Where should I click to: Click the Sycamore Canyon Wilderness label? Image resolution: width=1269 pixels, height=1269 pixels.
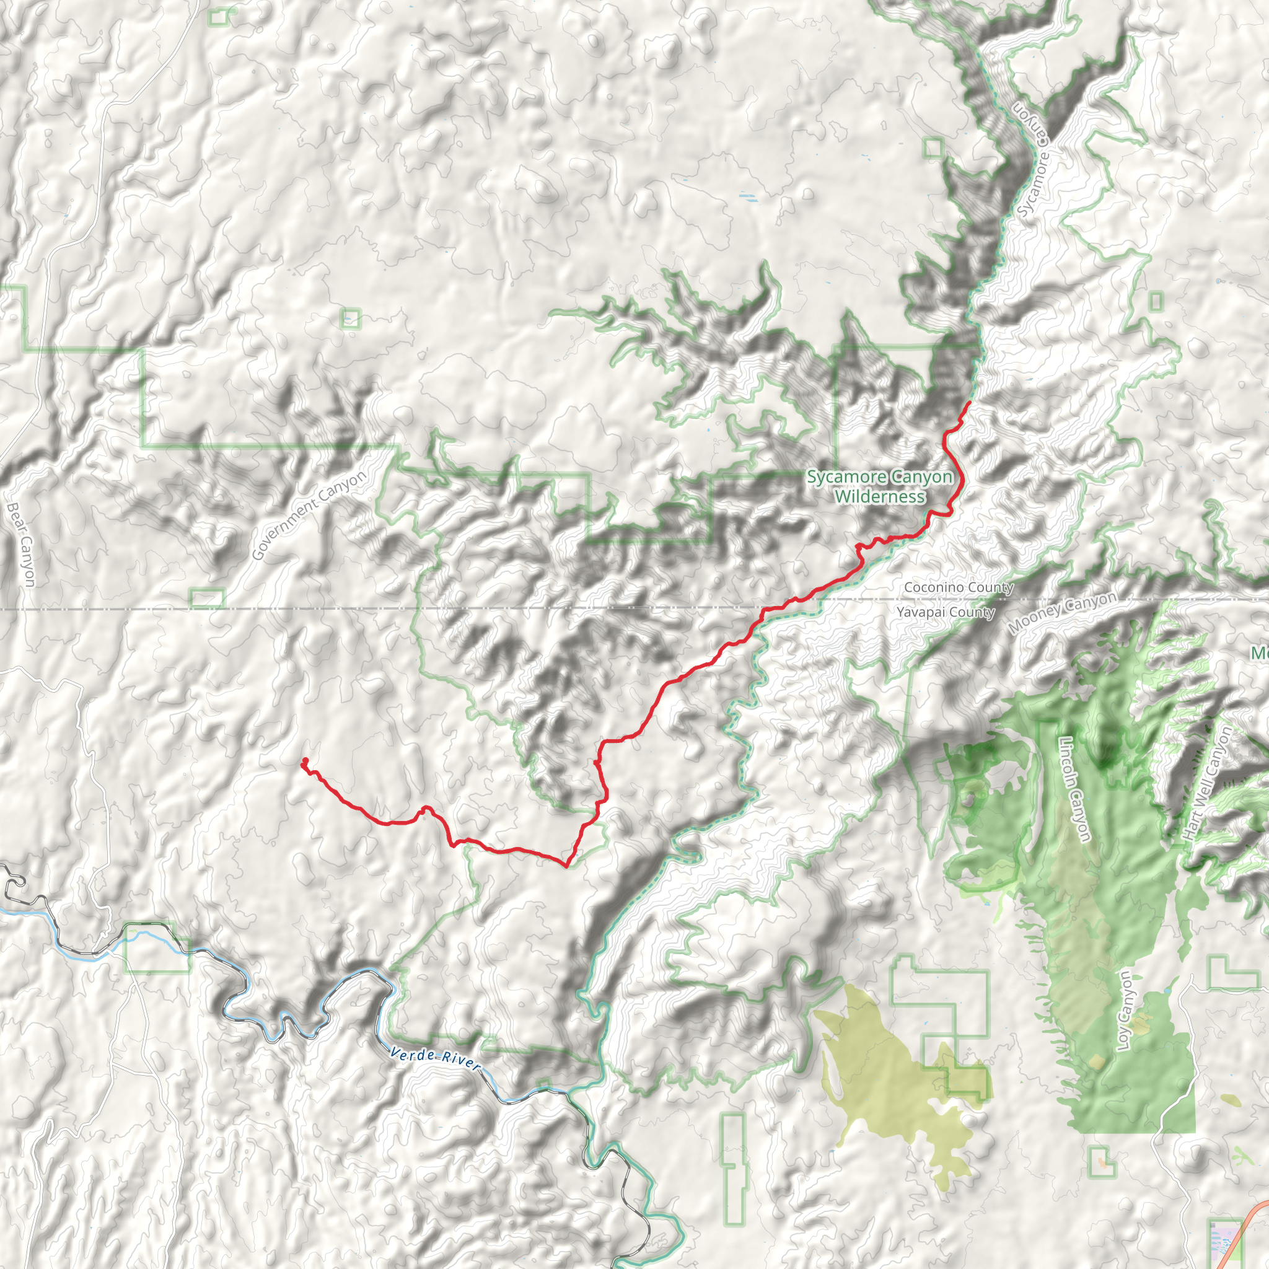point(879,486)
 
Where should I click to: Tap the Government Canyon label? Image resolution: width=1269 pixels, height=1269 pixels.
point(309,516)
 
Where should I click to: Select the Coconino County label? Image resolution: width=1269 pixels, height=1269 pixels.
point(959,587)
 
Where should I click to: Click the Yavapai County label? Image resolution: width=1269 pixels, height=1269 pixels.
point(945,612)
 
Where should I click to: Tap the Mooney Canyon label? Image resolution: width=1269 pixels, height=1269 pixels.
point(1062,612)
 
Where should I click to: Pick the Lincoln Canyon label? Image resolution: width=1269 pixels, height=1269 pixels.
point(1075,788)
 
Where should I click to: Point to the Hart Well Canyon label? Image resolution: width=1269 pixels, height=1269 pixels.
point(1206,784)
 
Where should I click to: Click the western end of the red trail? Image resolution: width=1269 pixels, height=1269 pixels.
point(305,762)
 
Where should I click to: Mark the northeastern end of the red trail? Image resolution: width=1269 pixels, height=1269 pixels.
point(970,402)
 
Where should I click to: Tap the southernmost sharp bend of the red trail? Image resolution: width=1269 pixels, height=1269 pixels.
point(567,866)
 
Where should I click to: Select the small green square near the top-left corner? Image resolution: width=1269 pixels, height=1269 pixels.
point(219,18)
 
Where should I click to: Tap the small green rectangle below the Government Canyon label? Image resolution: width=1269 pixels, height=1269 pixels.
point(207,599)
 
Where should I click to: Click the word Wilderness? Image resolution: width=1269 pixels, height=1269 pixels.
point(879,496)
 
